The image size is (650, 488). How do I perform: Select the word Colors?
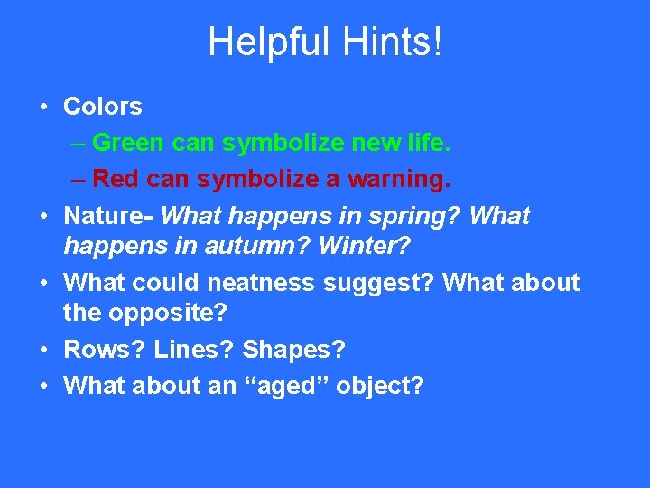coord(103,107)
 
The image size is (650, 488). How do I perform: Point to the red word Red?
coord(114,179)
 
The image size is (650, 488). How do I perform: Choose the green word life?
coord(424,143)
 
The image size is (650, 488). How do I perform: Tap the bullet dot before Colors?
coord(43,107)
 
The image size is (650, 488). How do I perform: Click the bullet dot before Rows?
coord(43,349)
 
